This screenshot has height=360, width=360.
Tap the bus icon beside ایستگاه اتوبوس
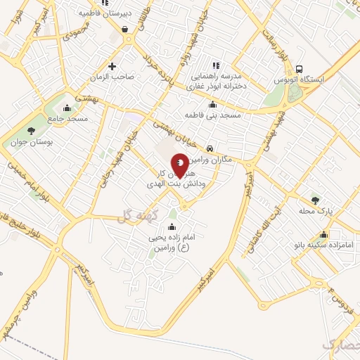click(x=300, y=70)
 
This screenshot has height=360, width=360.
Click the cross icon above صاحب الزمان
click(x=112, y=66)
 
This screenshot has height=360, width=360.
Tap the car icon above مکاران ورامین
click(x=211, y=148)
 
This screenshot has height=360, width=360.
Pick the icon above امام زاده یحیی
click(x=172, y=227)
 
